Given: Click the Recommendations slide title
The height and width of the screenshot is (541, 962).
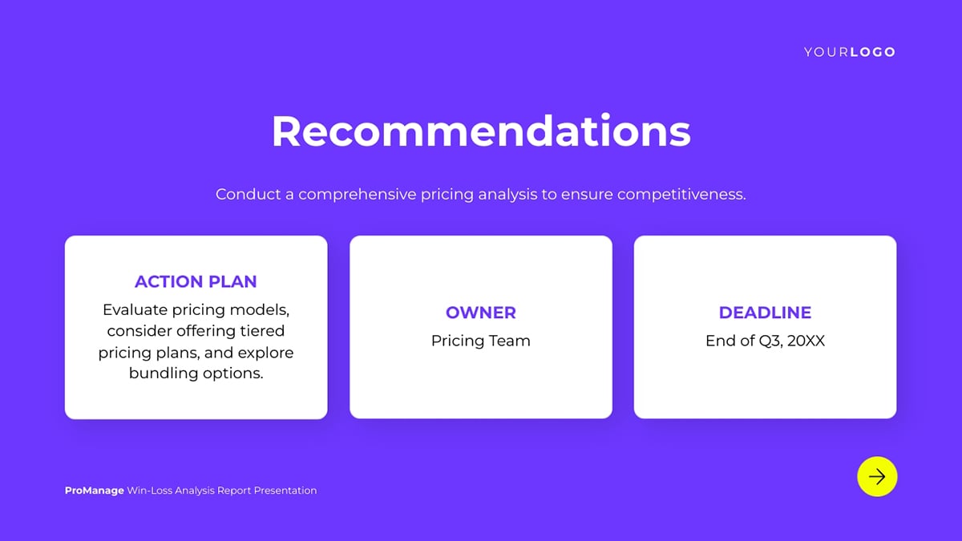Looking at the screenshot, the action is point(481,131).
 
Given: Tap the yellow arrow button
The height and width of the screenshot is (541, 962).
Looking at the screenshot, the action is point(877,477).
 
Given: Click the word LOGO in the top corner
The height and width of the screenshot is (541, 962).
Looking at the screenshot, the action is point(873,52).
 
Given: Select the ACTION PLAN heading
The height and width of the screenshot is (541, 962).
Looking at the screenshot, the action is point(196,281).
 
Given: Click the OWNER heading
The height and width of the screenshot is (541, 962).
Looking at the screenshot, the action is point(480,313).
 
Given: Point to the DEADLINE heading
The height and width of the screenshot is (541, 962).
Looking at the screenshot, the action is point(765,313).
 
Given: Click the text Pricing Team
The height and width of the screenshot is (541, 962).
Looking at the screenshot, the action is point(480,341).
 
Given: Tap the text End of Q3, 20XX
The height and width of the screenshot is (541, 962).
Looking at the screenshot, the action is point(765,341).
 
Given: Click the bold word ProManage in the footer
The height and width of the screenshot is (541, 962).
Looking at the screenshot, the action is point(95,491).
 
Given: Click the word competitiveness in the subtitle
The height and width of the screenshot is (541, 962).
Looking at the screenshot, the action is point(681,195).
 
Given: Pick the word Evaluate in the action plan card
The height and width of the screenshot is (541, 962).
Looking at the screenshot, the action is point(135,310).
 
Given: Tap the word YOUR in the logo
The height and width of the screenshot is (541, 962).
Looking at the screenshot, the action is point(826,52).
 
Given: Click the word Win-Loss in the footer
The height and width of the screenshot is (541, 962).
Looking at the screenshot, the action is point(149,491).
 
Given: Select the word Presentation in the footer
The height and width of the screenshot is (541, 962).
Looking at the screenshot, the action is point(285,491).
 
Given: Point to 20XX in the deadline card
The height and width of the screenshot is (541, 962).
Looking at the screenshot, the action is point(806,341).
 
